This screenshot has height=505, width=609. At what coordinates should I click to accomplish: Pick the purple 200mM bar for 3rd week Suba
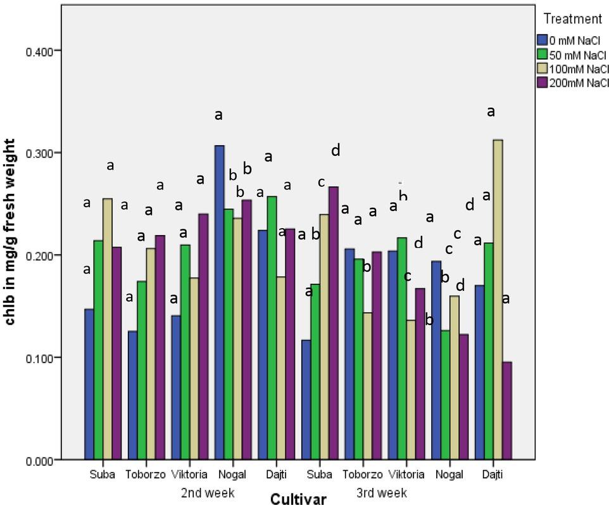pos(334,323)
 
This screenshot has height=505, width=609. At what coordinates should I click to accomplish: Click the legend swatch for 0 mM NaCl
pos(541,39)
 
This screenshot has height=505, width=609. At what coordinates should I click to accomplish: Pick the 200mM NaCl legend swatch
pos(541,82)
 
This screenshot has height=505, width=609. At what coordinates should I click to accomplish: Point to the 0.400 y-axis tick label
pos(39,51)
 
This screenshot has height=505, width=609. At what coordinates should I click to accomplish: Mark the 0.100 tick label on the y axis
pos(39,357)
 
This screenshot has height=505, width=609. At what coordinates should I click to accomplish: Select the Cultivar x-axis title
pos(298,499)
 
